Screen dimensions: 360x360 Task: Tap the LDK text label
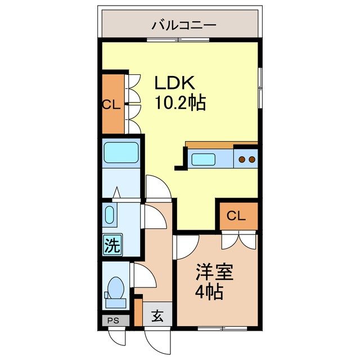click(175, 83)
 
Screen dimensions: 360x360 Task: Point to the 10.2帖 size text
click(180, 103)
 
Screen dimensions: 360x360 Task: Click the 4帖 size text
click(209, 292)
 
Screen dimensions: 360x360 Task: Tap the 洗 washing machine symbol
click(112, 245)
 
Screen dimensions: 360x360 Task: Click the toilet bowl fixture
click(116, 289)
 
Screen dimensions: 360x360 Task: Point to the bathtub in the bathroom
click(121, 152)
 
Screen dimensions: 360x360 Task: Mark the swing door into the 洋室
click(186, 246)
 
